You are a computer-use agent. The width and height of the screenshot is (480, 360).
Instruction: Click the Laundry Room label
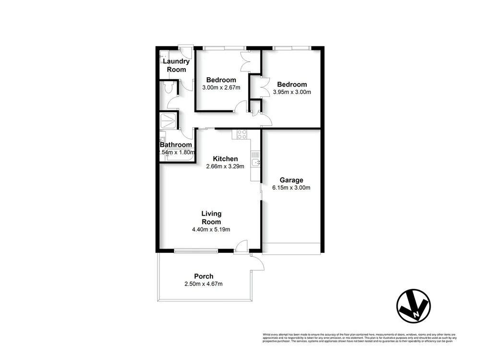coord(176,65)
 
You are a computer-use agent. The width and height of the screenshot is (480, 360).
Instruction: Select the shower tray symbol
coord(168,119)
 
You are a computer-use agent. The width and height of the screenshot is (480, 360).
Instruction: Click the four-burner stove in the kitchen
coord(240,134)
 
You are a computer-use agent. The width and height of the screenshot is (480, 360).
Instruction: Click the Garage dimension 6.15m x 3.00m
coord(292,188)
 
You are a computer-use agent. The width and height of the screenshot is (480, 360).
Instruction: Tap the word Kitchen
coord(225,159)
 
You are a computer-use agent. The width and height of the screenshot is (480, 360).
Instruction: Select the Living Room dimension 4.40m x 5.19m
coord(211,229)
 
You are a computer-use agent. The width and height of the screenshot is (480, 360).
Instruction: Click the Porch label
coord(204,276)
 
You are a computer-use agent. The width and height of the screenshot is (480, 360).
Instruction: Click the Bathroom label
coord(176,144)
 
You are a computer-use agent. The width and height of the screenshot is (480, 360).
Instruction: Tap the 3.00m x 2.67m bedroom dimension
coord(221,87)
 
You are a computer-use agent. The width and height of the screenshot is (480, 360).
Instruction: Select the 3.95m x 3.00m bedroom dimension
coord(292,92)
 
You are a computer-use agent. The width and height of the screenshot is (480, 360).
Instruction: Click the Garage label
coord(292,180)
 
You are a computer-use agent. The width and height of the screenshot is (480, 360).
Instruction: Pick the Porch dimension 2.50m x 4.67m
coord(204,284)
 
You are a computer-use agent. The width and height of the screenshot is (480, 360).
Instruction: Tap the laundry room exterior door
coord(184,48)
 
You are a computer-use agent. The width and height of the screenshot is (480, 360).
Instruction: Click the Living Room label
coord(211,217)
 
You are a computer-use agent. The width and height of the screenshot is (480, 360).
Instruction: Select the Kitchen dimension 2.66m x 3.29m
coord(225,167)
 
